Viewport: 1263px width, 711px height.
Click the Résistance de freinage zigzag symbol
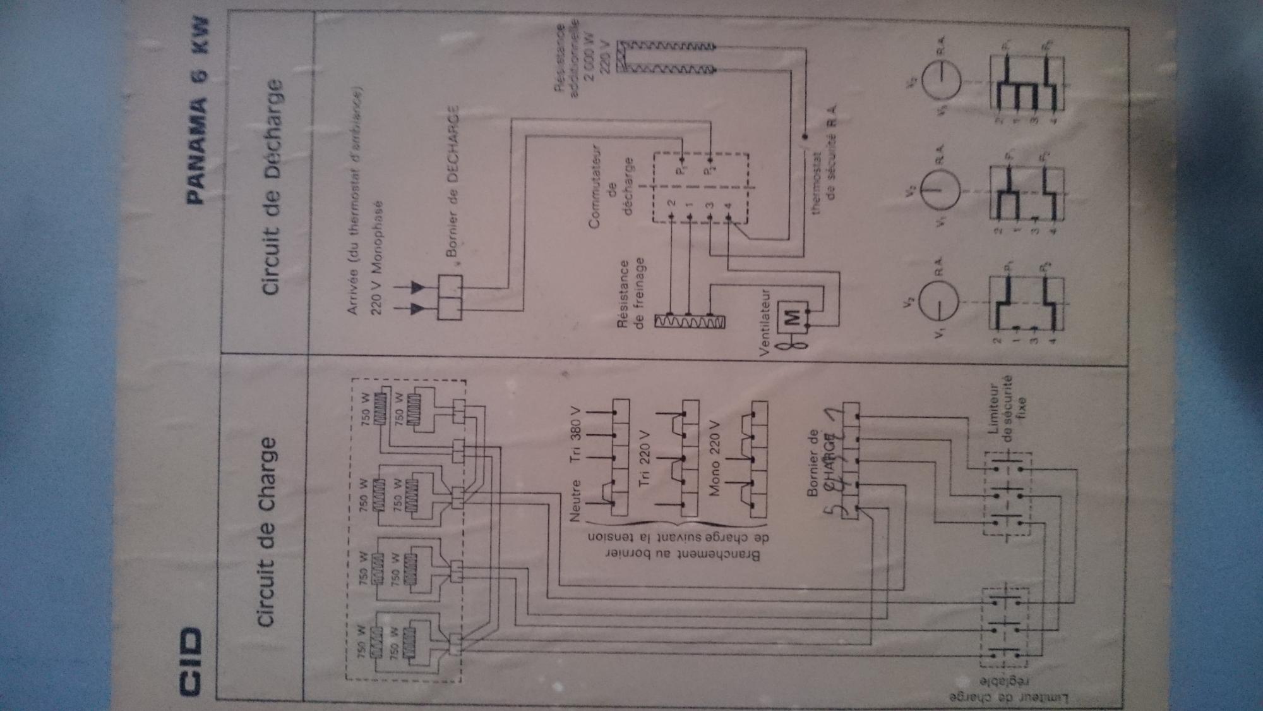[x=690, y=322]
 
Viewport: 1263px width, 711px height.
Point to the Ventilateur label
[x=765, y=322]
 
